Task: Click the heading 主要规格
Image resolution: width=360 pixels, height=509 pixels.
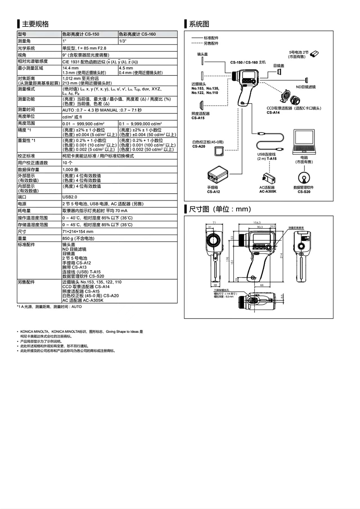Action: (35, 24)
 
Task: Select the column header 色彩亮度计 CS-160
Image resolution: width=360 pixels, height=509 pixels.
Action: (137, 34)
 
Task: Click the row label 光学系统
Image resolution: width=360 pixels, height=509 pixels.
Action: (26, 48)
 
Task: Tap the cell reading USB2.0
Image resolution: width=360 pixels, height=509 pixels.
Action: (70, 197)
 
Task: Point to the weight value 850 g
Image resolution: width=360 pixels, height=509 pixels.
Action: (78, 238)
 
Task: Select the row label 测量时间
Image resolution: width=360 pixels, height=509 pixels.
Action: (26, 110)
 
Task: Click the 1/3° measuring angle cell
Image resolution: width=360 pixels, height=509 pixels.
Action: (123, 41)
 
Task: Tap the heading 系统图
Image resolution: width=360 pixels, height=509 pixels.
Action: (199, 24)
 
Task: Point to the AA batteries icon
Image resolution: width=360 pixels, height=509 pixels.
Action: (314, 53)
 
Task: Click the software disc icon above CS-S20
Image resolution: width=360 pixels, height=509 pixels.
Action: (304, 178)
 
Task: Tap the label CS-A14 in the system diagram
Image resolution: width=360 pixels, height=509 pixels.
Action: (273, 112)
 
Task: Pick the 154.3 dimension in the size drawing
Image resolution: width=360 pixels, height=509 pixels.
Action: (257, 223)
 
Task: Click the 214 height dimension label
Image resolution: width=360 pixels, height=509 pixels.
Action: (281, 255)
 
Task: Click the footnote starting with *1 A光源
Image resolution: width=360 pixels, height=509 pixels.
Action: (49, 307)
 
